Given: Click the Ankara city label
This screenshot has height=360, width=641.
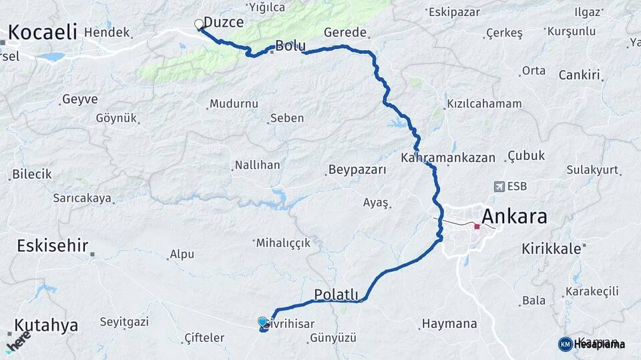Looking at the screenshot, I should [513, 216].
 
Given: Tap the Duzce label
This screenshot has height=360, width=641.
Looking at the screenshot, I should [224, 22].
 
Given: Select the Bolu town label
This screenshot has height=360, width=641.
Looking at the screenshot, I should [290, 46].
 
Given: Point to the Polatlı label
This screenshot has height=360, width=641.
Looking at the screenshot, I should [337, 295].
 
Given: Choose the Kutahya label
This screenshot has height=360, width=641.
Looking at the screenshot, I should [46, 325].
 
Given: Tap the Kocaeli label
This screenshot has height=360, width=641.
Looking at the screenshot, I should [43, 31].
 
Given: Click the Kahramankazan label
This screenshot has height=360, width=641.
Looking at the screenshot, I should [448, 158].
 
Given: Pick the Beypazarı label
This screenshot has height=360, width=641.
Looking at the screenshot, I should [357, 169].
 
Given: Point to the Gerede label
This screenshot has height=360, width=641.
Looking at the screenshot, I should [345, 33].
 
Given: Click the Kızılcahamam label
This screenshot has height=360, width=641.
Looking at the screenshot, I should [484, 105].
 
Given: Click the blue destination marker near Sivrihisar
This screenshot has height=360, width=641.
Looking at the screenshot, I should [262, 323].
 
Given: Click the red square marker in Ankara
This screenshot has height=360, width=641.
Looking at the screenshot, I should [477, 227].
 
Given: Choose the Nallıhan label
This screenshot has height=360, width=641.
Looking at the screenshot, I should [257, 165].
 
